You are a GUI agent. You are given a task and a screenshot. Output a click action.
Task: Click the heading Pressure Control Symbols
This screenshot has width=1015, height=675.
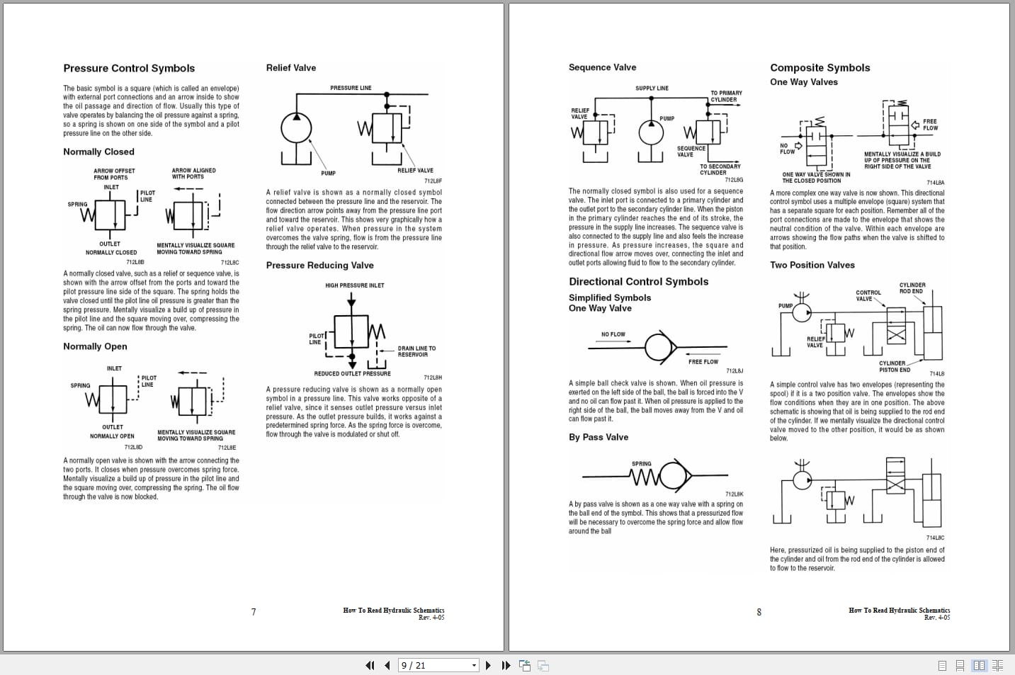pos(129,69)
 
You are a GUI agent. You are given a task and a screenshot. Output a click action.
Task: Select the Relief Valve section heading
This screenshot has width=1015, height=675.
pos(290,68)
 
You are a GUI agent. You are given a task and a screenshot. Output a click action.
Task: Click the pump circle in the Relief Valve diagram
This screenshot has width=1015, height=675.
pos(296,128)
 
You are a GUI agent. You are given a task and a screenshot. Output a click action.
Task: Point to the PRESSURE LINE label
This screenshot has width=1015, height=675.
pos(351,88)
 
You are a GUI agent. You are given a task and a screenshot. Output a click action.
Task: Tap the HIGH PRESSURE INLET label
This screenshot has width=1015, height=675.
pos(354,285)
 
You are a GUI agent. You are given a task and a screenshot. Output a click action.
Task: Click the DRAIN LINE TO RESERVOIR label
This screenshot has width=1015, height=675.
pos(416,351)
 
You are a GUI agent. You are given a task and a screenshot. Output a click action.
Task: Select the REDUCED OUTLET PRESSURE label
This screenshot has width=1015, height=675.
pos(352,373)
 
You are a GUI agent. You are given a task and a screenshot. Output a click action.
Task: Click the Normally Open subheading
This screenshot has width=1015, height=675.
pos(95,346)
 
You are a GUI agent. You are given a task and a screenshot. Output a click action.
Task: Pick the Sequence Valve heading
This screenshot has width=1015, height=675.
pos(602,67)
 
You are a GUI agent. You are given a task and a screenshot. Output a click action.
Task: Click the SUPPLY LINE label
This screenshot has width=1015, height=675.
pos(652,89)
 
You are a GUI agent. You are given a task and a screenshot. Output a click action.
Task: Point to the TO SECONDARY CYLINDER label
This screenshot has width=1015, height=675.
pos(720,169)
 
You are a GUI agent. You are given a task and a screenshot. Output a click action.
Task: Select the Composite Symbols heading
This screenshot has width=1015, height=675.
pos(820,68)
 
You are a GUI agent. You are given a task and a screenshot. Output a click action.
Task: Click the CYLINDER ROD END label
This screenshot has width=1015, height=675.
pos(912,288)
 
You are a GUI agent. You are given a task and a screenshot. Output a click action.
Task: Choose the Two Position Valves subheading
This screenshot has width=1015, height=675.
pos(812,265)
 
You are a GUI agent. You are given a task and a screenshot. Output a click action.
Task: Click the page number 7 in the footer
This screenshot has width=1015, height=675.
pos(254,612)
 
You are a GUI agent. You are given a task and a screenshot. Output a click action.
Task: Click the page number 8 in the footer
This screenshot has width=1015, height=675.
pos(759,612)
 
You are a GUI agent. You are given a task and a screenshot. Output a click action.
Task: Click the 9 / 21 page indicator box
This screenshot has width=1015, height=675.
pos(433,665)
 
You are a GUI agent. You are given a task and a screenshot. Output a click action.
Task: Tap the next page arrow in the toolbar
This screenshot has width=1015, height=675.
pos(488,665)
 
